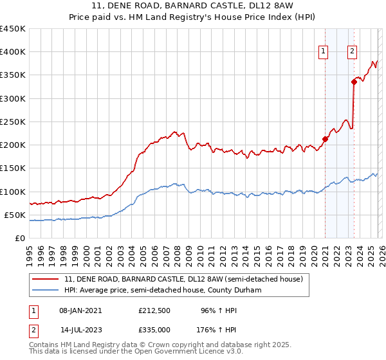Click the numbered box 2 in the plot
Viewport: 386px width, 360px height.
tap(353, 53)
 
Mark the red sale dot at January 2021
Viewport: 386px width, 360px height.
tap(325, 139)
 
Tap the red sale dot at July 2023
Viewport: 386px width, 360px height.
tap(354, 82)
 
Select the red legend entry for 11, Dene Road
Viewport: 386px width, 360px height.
tap(187, 279)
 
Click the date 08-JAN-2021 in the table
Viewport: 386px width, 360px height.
tap(77, 310)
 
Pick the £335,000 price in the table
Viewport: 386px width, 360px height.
tap(154, 330)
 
